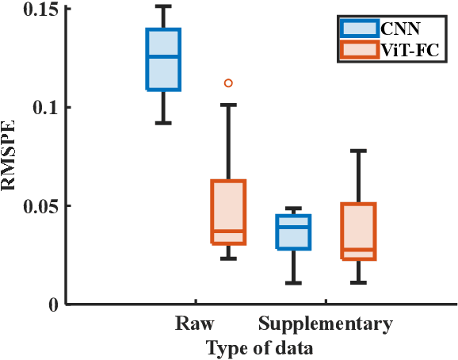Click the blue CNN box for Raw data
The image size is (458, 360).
click(162, 59)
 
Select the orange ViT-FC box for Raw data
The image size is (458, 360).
click(227, 212)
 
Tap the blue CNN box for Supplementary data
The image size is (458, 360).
click(292, 232)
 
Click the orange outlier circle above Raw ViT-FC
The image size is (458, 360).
click(228, 82)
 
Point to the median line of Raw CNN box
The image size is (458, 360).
click(162, 56)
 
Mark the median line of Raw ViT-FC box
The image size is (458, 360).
click(227, 231)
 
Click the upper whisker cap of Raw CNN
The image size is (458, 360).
click(162, 6)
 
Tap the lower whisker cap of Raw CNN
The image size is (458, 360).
click(162, 122)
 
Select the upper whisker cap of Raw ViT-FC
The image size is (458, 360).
click(227, 105)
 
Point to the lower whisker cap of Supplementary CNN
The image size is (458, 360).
click(292, 282)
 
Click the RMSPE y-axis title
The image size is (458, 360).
click(12, 157)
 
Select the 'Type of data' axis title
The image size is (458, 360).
click(258, 347)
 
